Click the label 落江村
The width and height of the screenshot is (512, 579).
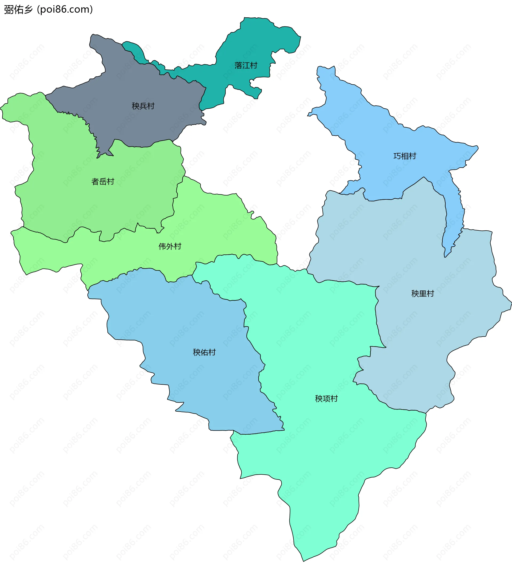pyautogui.click(x=246, y=65)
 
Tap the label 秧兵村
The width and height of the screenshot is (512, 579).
pyautogui.click(x=143, y=106)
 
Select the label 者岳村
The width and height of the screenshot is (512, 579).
pyautogui.click(x=102, y=182)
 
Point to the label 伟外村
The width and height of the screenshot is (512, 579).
pyautogui.click(x=170, y=246)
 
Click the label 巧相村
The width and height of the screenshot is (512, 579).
pyautogui.click(x=405, y=156)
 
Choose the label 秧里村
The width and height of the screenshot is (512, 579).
pyautogui.click(x=422, y=294)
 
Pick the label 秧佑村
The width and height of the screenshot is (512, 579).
pyautogui.click(x=204, y=352)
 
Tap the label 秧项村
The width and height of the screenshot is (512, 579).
pyautogui.click(x=326, y=399)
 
